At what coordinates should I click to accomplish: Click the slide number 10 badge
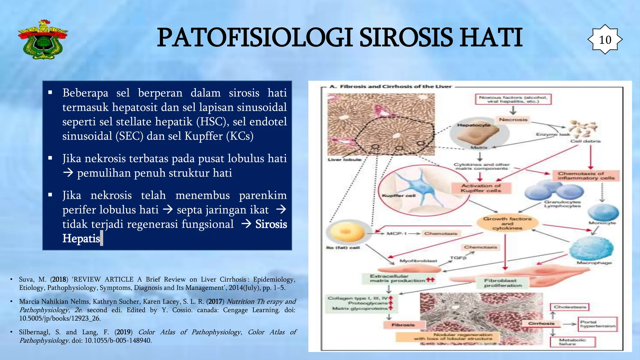(x=605, y=40)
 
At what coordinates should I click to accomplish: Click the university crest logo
(x=43, y=40)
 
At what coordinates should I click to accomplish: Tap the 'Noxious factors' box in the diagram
(x=513, y=99)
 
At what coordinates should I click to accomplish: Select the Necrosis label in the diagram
(x=513, y=120)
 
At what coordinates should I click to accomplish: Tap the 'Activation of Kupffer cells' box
(x=481, y=188)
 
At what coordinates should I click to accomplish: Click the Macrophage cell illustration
(x=591, y=248)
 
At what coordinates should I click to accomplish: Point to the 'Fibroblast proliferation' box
(x=503, y=283)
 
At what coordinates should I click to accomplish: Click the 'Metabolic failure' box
(x=572, y=342)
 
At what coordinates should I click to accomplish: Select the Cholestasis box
(x=570, y=307)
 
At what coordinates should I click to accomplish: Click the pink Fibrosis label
(x=403, y=325)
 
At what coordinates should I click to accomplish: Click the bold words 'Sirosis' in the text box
(x=271, y=224)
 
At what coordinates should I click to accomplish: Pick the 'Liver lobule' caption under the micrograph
(x=344, y=160)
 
